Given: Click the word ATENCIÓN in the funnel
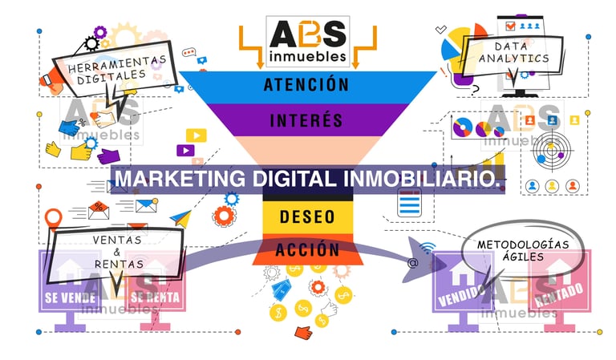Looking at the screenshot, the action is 306,84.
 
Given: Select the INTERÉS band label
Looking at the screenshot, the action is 306,121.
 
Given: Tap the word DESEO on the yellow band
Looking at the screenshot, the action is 307,216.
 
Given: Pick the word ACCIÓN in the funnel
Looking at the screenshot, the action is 307,249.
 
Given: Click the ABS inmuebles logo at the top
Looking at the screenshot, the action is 307,39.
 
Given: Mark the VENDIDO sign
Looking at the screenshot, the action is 459,289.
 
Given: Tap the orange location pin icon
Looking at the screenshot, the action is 54,217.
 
